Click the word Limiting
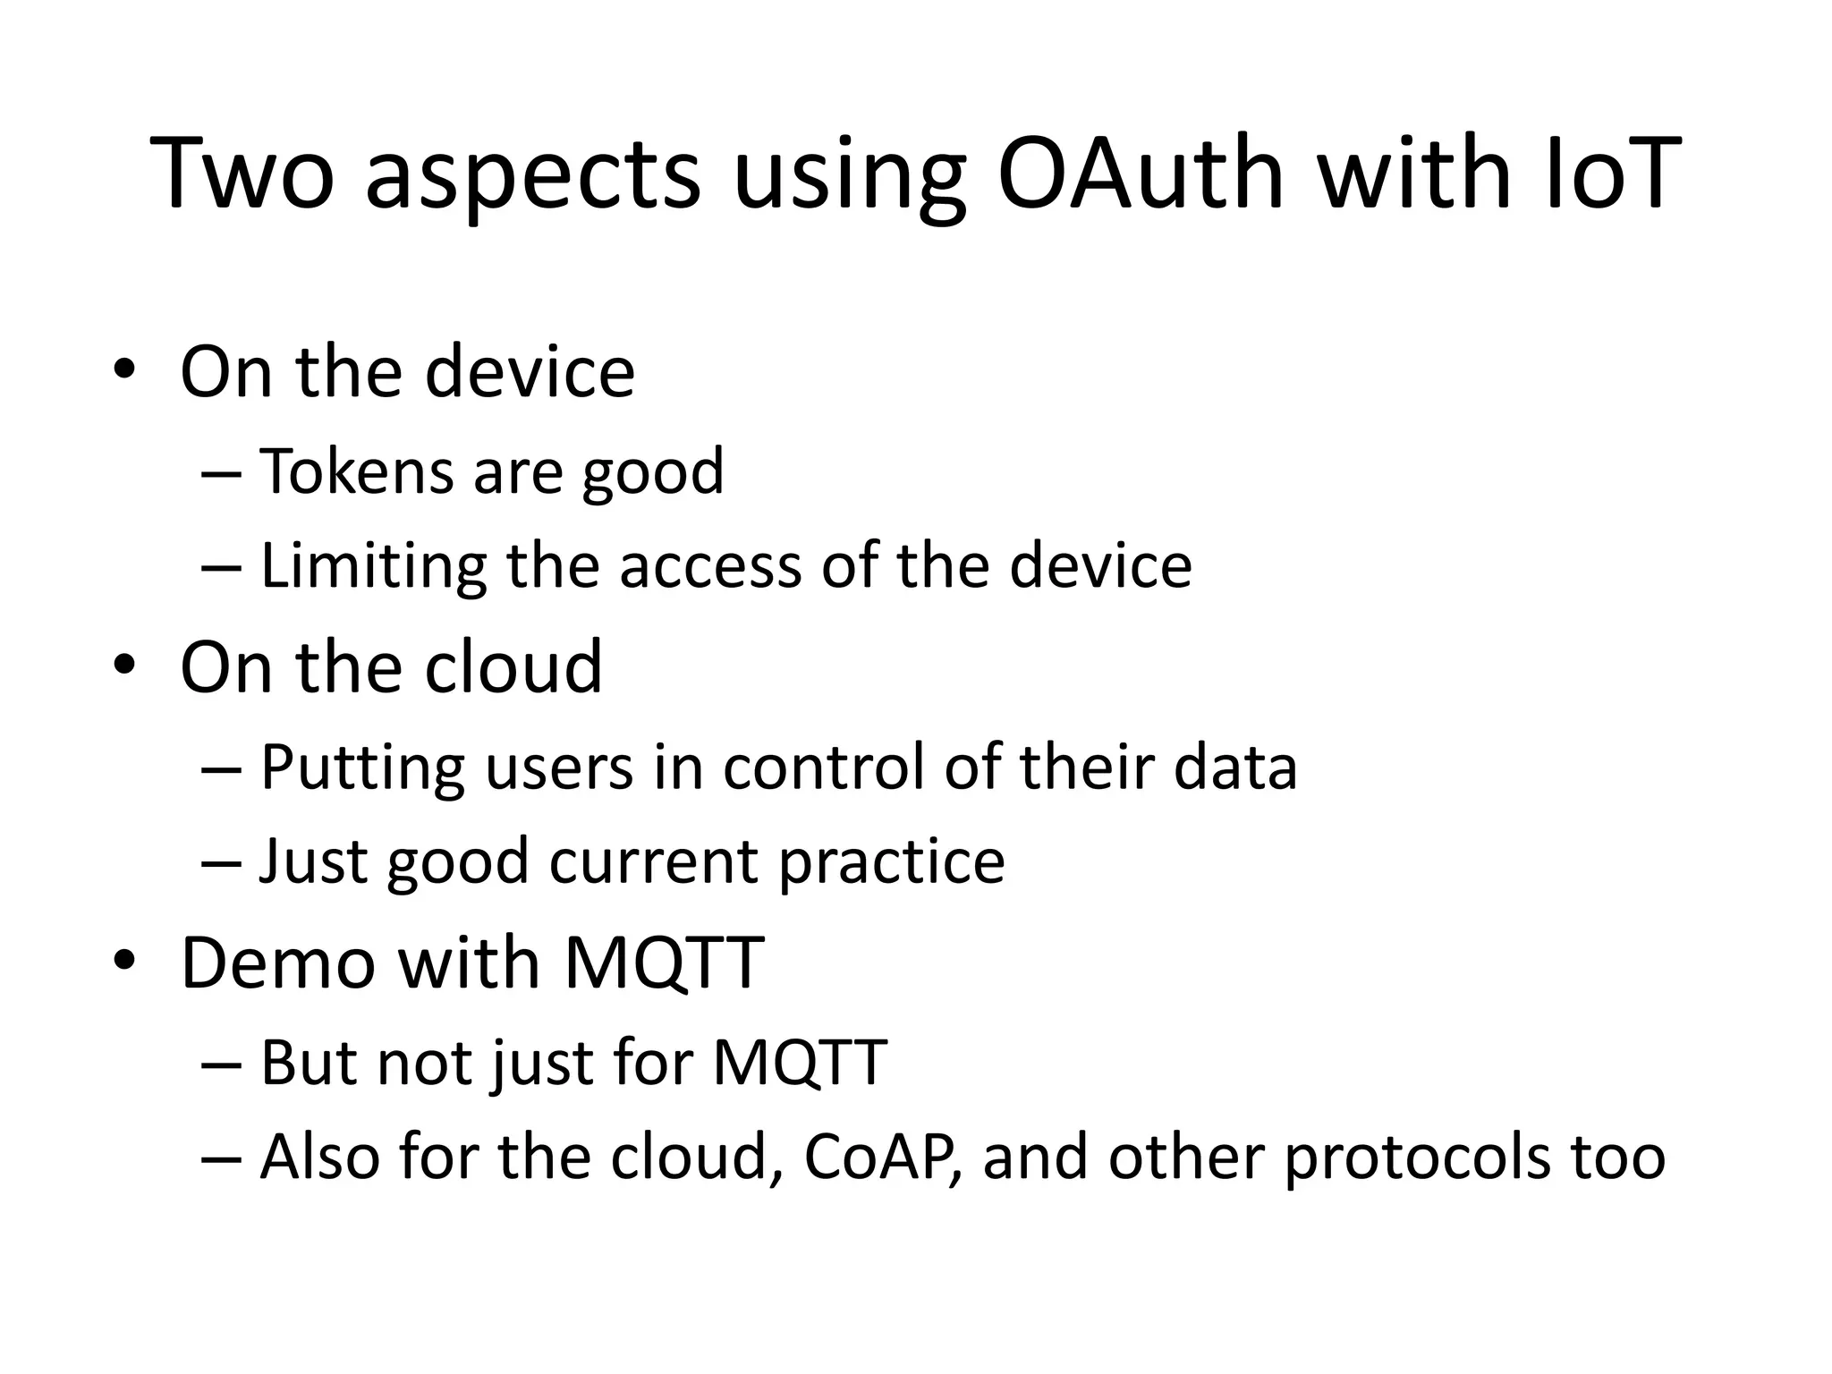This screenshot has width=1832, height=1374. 372,567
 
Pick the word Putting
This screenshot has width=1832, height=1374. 361,768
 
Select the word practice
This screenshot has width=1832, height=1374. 891,862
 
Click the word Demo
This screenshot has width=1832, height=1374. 277,963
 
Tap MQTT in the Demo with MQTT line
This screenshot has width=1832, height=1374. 664,963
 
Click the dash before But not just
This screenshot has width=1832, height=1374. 222,1064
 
